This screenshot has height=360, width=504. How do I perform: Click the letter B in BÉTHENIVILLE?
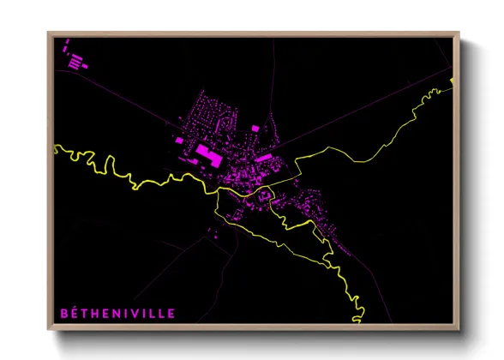tap(63, 314)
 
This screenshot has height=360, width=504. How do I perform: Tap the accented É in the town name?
tap(75, 314)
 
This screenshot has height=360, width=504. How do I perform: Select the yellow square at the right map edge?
tap(452, 81)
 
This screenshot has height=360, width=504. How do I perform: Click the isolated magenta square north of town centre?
tap(255, 129)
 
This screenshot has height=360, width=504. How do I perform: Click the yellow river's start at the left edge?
tap(55, 147)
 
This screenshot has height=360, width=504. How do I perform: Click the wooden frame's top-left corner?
tap(49, 34)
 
